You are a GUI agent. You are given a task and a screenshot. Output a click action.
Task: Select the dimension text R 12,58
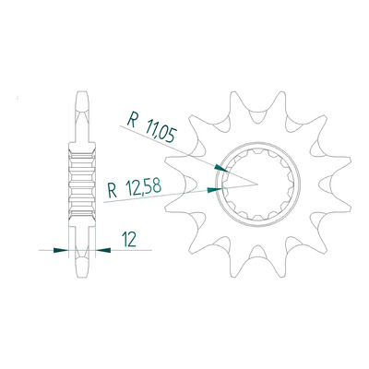134,188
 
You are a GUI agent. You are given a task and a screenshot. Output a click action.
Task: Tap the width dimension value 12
129,239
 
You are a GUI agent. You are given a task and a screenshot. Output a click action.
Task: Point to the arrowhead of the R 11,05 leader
221,168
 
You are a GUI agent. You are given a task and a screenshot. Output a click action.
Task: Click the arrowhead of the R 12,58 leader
215,190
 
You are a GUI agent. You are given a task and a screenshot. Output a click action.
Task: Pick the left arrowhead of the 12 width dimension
61,250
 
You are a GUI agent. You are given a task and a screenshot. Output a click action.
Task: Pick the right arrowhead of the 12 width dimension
103,250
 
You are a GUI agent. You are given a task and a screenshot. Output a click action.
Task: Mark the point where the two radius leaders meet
256,184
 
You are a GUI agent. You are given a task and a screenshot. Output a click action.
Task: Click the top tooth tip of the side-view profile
81,92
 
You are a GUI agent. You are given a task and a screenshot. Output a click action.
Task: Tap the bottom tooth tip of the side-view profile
81,276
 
